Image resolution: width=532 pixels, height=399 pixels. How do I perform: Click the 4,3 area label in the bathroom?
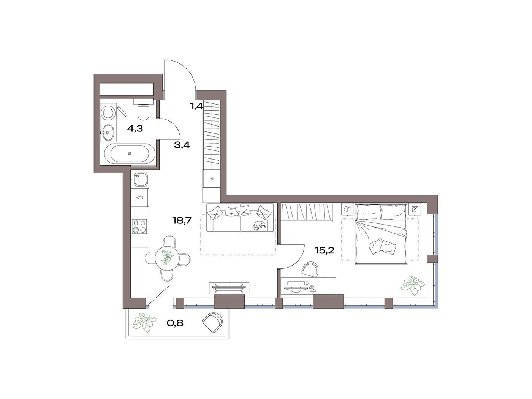pos(135,129)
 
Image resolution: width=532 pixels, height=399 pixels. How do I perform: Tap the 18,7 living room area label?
pos(182,220)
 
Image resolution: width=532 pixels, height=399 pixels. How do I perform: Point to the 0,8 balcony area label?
pos(175,323)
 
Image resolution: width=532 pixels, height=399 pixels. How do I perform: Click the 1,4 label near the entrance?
pos(197,106)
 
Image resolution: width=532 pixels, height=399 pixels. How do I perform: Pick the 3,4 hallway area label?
pos(182,145)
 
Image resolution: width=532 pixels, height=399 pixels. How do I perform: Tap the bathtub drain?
pos(130,154)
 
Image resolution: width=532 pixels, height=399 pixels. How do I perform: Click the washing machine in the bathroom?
pos(108,113)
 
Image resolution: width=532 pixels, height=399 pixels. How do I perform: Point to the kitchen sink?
pos(140,179)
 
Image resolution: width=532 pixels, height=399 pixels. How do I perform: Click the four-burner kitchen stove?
pos(139,226)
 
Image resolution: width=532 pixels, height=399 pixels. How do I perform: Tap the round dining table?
pos(167,258)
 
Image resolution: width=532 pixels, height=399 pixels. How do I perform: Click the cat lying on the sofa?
pos(259,225)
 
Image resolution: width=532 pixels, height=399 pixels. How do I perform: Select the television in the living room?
pos(229,288)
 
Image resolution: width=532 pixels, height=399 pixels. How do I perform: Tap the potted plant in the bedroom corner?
pos(413,285)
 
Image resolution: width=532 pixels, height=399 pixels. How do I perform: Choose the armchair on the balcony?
pos(212,323)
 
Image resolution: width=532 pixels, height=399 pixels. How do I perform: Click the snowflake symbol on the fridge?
pos(212,179)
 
